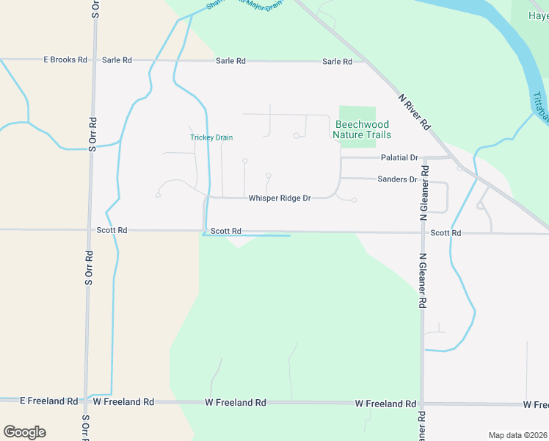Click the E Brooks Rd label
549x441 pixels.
coord(65,60)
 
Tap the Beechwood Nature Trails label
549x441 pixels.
coord(362,129)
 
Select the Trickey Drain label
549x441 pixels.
coord(211,137)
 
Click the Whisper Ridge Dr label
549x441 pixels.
coord(280,198)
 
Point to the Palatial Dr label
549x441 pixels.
coord(399,158)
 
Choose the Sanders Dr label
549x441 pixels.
coord(397,179)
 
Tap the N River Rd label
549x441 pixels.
coord(414,112)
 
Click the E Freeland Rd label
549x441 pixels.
coord(48,401)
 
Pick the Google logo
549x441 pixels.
coord(24,432)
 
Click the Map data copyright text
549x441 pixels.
coord(518,435)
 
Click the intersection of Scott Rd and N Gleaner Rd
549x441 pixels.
coord(423,233)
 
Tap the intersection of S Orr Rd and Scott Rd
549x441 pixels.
coord(90,230)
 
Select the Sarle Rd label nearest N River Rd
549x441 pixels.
coord(337,61)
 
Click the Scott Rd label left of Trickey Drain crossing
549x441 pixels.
coord(112,230)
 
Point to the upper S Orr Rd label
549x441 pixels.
coord(92,134)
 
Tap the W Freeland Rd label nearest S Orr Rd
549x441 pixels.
coord(123,402)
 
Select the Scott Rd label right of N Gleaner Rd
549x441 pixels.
coord(446,233)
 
